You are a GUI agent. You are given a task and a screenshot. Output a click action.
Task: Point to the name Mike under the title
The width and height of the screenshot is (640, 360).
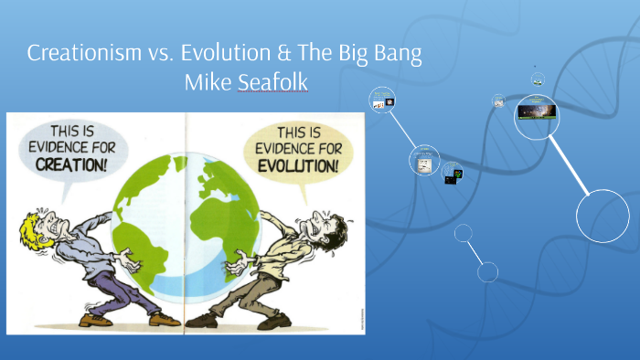pos(208,83)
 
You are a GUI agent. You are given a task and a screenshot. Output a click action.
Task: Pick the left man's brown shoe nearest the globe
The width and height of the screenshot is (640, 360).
pos(164,319)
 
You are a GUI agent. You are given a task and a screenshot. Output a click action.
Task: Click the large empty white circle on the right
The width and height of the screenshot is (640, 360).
pos(603,216)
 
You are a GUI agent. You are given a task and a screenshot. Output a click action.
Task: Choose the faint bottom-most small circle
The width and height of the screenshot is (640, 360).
pos(487,271)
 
